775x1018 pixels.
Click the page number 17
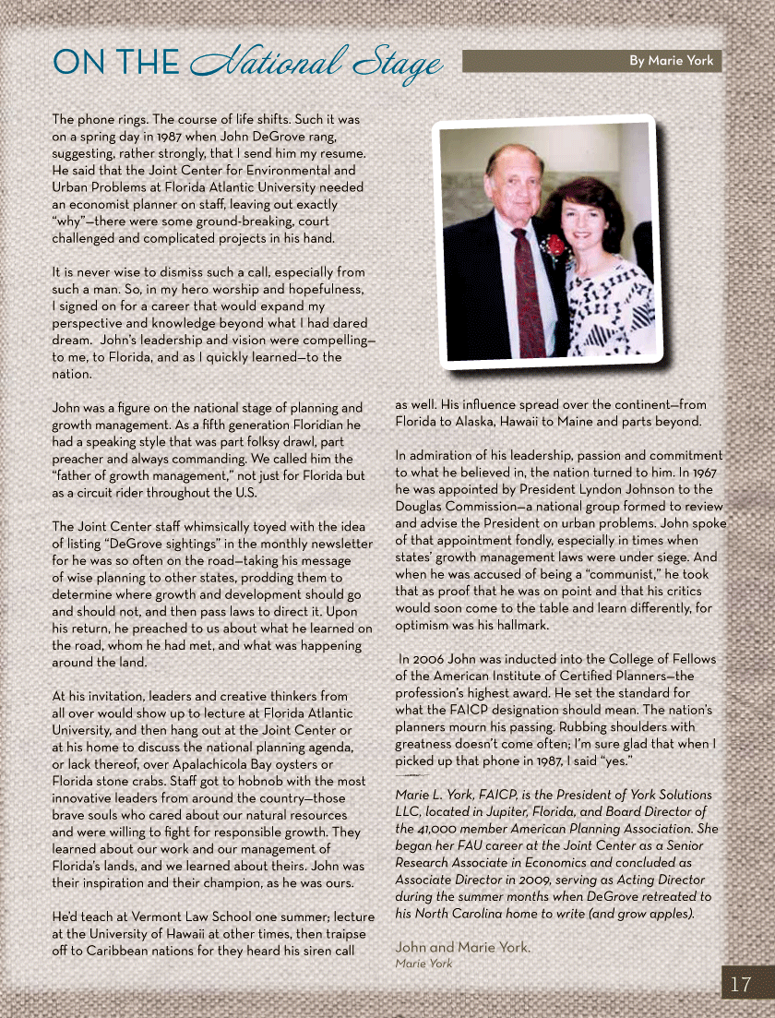[x=741, y=984]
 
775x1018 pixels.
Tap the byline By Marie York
[x=672, y=61]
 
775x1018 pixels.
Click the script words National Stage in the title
[x=316, y=62]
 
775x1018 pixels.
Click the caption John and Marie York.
[x=462, y=947]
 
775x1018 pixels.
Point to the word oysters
[x=295, y=764]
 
